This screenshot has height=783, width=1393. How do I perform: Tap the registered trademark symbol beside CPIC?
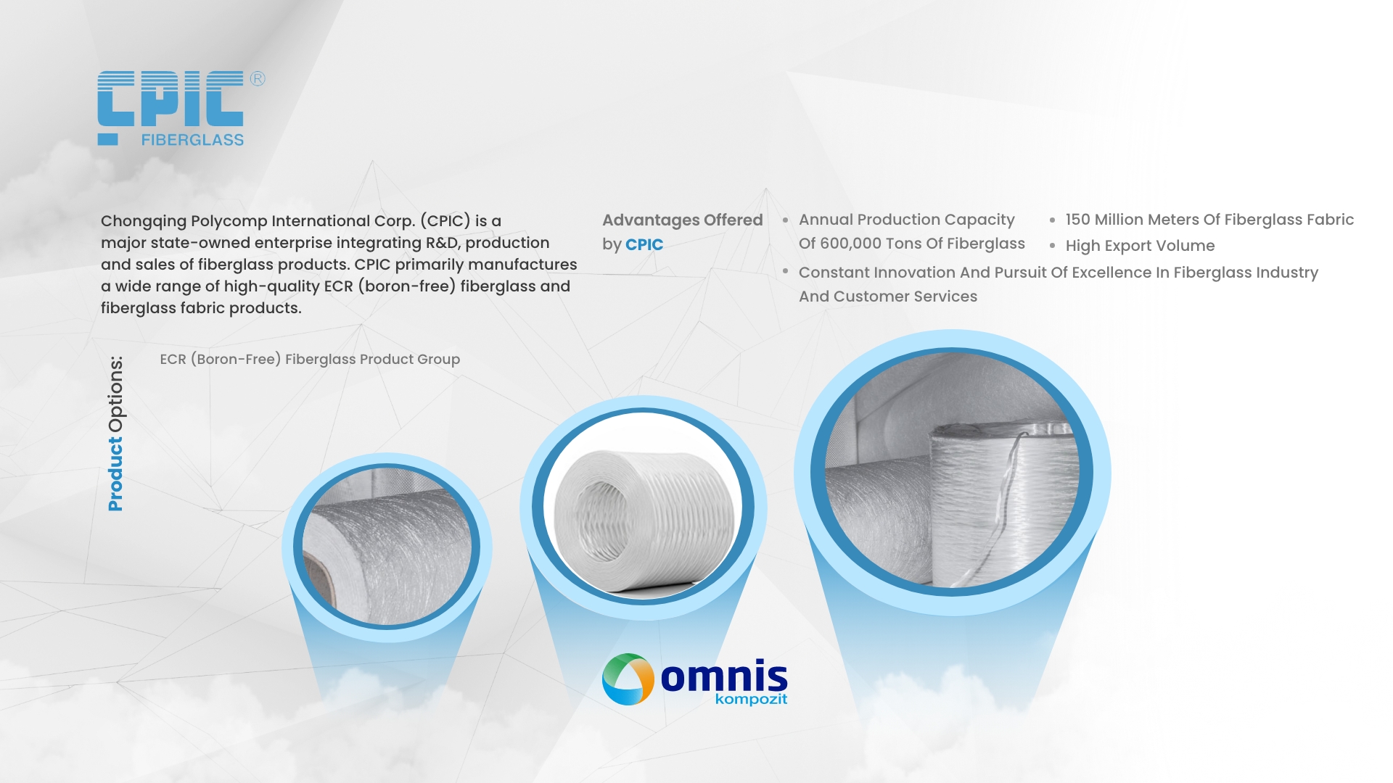click(x=258, y=78)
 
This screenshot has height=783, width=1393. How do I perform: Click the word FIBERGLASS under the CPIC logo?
click(x=192, y=140)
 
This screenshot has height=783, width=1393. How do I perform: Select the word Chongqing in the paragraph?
click(x=144, y=221)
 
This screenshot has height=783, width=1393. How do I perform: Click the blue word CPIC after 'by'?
click(x=644, y=245)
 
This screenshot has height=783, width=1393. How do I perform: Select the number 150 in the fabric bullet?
click(x=1077, y=220)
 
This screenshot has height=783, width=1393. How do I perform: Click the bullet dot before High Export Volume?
click(x=1052, y=246)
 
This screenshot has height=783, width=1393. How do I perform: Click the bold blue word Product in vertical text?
click(x=115, y=473)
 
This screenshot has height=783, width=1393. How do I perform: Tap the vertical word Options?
click(x=115, y=394)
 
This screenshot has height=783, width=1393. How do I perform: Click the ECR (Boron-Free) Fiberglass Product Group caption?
click(x=310, y=360)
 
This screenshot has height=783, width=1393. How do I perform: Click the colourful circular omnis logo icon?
click(x=628, y=679)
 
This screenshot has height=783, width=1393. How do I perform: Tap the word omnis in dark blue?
click(x=724, y=677)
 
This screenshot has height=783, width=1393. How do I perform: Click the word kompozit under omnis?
click(x=751, y=700)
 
